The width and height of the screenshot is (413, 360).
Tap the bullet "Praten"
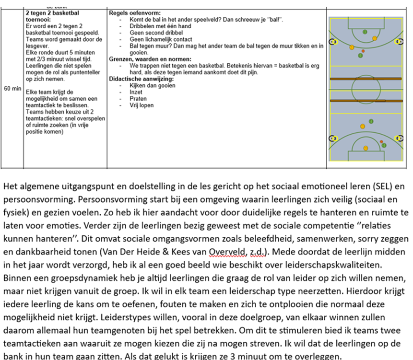click(138, 99)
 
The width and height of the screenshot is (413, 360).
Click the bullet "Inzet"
click(136, 92)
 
